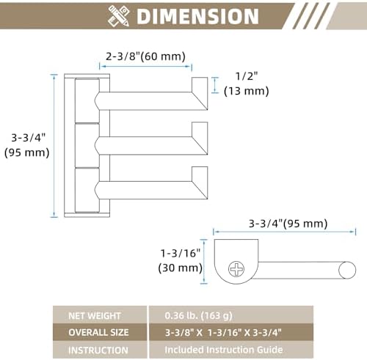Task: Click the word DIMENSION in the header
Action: pyautogui.click(x=197, y=16)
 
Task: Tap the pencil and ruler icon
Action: pyautogui.click(x=118, y=15)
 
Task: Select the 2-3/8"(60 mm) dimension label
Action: pyautogui.click(x=145, y=56)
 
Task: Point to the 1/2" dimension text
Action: pyautogui.click(x=247, y=76)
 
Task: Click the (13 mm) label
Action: pyautogui.click(x=247, y=91)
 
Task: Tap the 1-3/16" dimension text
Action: pyautogui.click(x=181, y=253)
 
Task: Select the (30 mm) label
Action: pyautogui.click(x=181, y=268)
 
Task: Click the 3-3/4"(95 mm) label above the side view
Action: pyautogui.click(x=288, y=224)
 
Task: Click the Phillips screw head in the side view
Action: pyautogui.click(x=236, y=268)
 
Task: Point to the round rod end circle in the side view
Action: pyautogui.click(x=347, y=271)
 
